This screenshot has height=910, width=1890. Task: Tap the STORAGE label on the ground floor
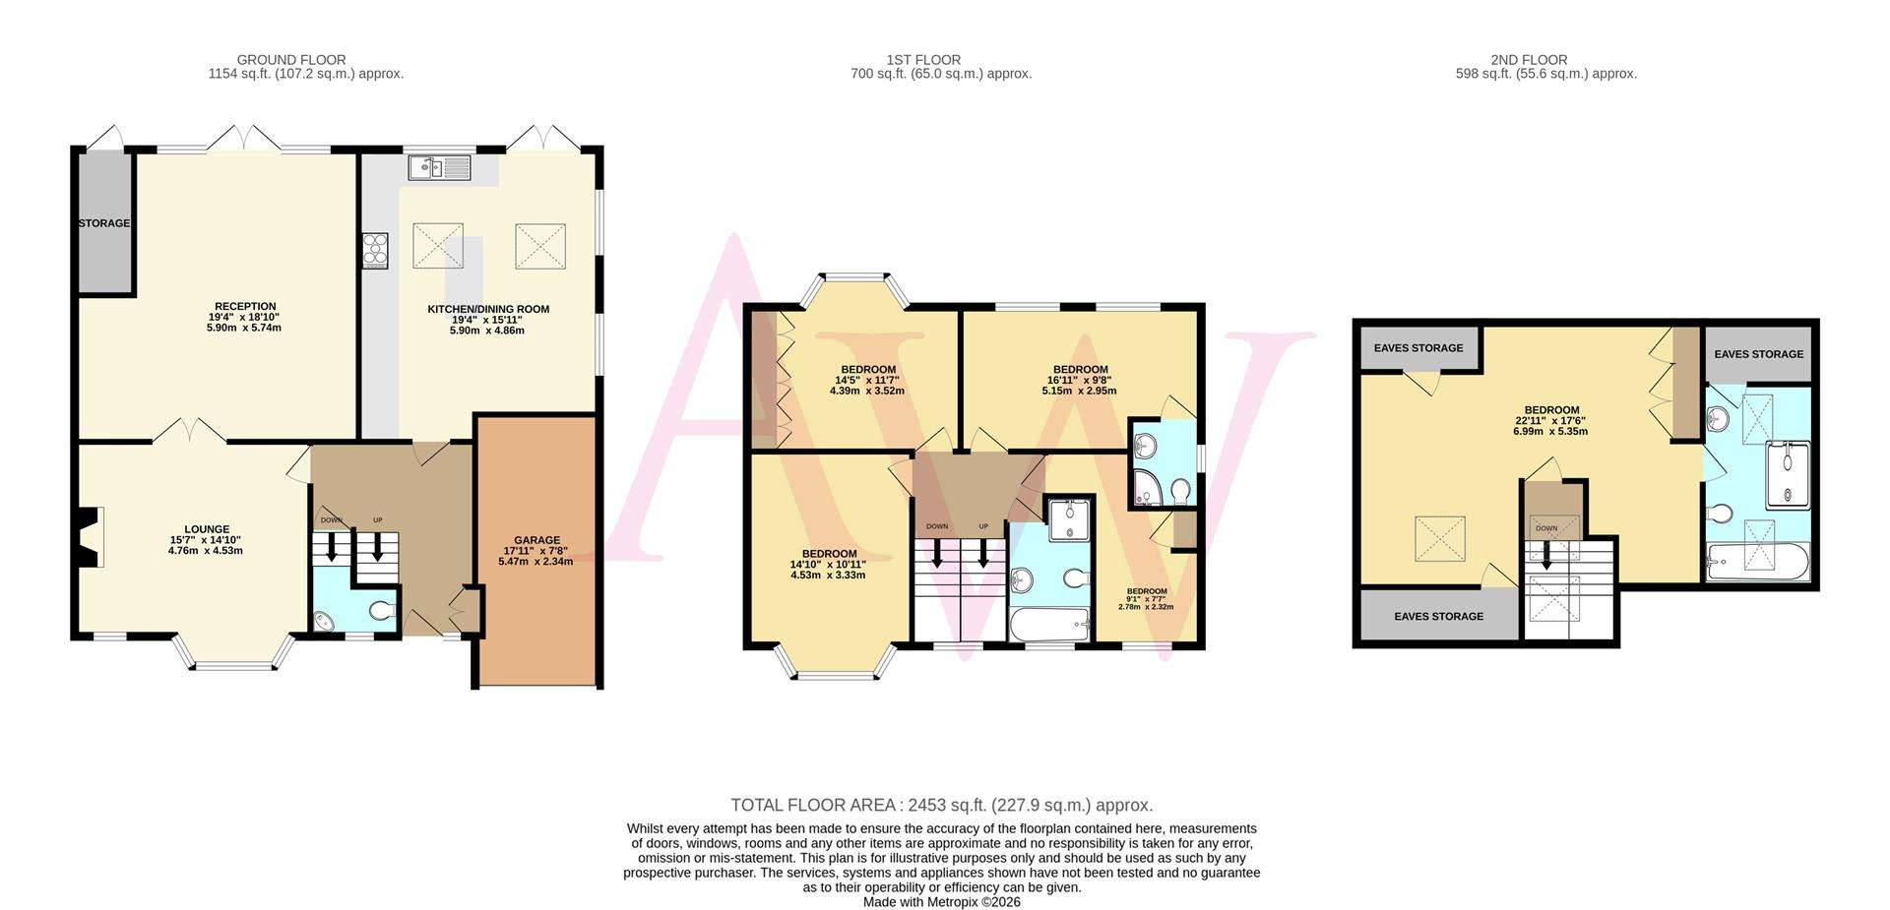(104, 223)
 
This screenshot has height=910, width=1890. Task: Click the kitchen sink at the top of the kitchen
(440, 168)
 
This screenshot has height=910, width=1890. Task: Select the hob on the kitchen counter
(375, 250)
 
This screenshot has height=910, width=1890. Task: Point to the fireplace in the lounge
(90, 537)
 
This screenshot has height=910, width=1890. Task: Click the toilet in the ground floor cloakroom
(382, 612)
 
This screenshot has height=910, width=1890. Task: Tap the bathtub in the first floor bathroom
(1049, 624)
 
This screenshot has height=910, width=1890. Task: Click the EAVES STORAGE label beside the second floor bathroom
(1758, 354)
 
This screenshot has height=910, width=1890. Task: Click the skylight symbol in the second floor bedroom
(1440, 540)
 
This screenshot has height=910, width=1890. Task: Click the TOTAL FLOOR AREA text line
(941, 805)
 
